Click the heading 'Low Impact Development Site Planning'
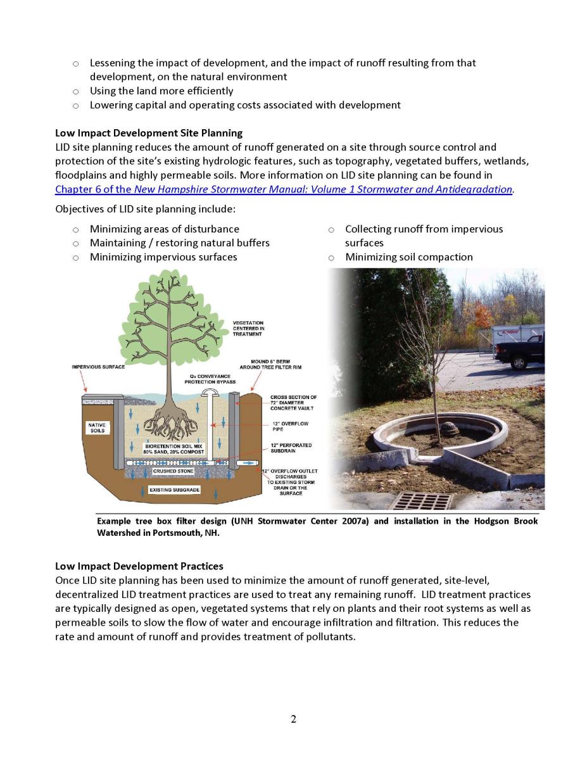(x=149, y=133)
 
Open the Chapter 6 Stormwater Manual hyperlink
(x=284, y=189)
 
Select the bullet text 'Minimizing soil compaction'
(x=408, y=257)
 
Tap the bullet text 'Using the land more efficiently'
(x=161, y=91)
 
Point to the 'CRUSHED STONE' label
(x=173, y=471)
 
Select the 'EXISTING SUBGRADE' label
(x=175, y=490)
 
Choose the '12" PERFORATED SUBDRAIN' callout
(x=291, y=448)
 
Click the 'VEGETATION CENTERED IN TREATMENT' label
(x=248, y=328)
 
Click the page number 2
(x=293, y=719)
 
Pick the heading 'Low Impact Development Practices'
(x=139, y=566)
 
